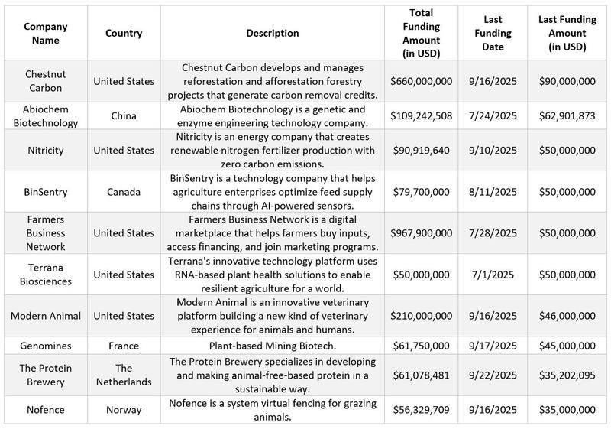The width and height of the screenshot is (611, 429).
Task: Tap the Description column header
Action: click(273, 33)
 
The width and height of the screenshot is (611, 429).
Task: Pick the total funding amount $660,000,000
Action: click(422, 81)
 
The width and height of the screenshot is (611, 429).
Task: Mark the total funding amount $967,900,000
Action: click(422, 232)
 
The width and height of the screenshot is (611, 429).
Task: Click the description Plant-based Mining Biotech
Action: click(273, 346)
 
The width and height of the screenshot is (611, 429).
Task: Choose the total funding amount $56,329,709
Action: click(422, 411)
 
